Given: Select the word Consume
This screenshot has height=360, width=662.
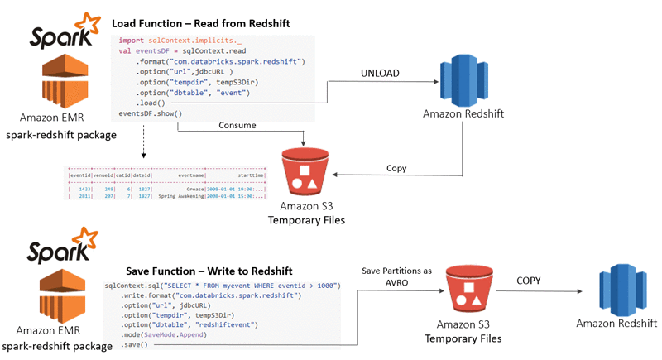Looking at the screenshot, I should [x=237, y=126].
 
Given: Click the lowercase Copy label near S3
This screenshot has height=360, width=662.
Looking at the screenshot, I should [x=397, y=168].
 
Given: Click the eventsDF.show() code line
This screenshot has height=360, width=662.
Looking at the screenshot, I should [x=150, y=113].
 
